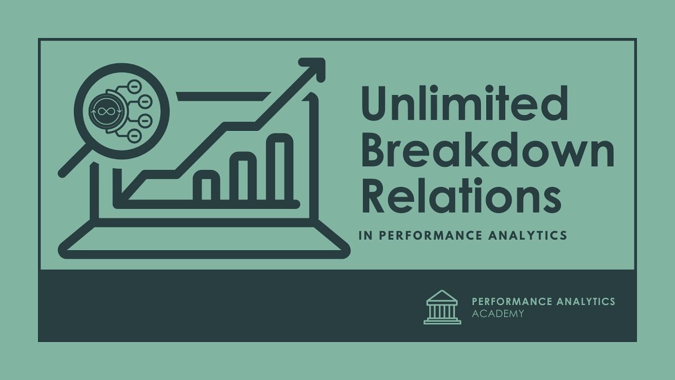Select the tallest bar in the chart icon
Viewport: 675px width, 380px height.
tap(279, 168)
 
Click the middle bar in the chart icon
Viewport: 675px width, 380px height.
tap(243, 177)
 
